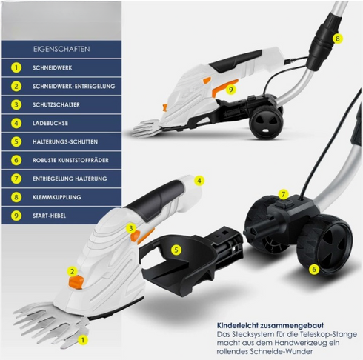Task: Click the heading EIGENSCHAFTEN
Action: tap(61, 49)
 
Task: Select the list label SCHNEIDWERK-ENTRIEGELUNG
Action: tap(74, 86)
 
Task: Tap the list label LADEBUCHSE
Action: tap(50, 123)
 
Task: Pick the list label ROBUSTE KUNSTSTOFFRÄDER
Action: tap(70, 160)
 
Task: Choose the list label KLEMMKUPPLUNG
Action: tap(57, 197)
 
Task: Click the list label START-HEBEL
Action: tap(49, 216)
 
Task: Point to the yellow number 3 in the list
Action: tap(16, 104)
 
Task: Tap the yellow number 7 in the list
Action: tap(16, 179)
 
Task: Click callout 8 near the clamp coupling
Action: tap(338, 39)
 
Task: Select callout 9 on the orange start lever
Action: tap(230, 89)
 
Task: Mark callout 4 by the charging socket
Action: tap(199, 181)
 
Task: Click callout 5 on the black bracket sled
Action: tap(176, 250)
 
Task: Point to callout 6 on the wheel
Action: tap(314, 269)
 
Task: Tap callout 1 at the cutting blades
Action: tap(83, 340)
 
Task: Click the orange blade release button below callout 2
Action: tap(76, 282)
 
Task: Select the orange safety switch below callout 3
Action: tap(136, 236)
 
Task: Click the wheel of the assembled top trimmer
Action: tap(266, 121)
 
